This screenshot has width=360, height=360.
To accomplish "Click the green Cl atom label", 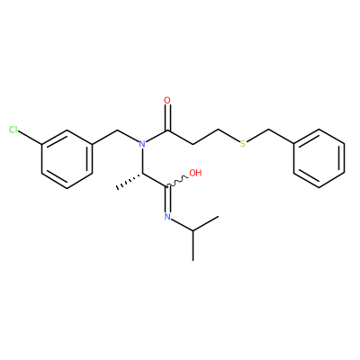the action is coord(13,130).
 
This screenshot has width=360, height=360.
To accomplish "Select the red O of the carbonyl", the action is coord(167,101).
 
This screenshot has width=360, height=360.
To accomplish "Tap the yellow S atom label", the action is coord(243,144).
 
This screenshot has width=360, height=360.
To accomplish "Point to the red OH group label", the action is coord(195,173).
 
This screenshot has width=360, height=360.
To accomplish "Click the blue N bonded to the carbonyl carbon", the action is coord(142,144).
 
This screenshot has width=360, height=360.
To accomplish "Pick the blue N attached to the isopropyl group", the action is coord(167,217).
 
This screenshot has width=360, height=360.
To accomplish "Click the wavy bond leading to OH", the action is coord(178,182).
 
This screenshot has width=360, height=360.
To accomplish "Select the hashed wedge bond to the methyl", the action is coord(130,181).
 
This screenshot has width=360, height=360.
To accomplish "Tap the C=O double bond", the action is coord(167,118).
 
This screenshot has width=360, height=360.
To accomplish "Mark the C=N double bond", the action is coord(167,199).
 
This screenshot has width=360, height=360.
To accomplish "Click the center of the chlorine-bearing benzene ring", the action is coord(67,159).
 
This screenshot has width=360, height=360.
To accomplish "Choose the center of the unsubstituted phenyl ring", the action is coord(319,158).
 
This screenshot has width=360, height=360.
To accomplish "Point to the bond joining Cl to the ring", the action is coord(31,138).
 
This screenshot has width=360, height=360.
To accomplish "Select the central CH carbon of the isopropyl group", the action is coord(193,231).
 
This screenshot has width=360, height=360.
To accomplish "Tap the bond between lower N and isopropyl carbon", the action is coord(182,225).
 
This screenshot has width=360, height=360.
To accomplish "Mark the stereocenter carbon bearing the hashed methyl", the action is coord(142,174).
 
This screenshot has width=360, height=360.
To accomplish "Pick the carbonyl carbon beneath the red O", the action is coord(167,130).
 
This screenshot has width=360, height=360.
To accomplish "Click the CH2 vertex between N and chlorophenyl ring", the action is coord(117,130).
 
